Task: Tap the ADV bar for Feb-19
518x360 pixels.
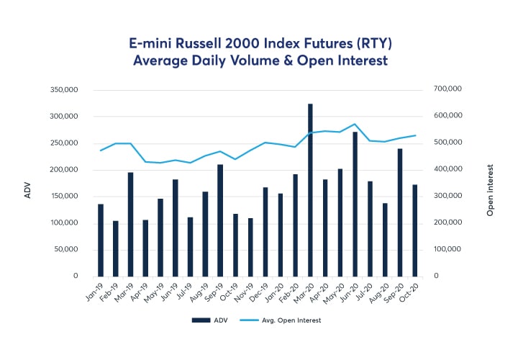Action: tap(115, 248)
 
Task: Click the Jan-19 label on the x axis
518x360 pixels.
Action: tap(94, 292)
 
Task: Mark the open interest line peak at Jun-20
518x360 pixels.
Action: tap(355, 125)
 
